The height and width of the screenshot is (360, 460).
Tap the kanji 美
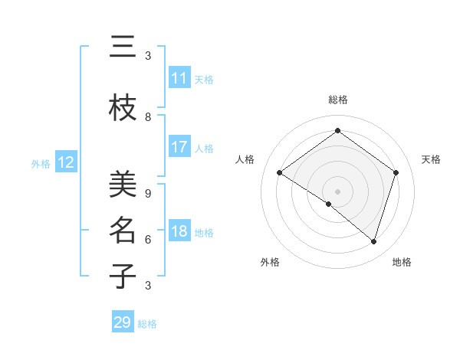click(x=123, y=185)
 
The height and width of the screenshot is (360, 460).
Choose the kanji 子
click(x=123, y=277)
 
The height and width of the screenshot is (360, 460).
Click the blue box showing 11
click(x=179, y=78)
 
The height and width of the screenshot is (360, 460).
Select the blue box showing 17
click(x=179, y=147)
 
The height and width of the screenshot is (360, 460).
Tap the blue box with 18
click(x=179, y=231)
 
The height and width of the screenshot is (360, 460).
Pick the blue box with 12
click(x=66, y=162)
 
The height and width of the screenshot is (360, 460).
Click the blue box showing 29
click(x=123, y=322)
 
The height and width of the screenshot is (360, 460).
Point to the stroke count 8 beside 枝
click(x=148, y=117)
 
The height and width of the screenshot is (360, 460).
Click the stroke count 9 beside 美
click(x=148, y=194)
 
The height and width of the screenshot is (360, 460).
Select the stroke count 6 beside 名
click(x=148, y=240)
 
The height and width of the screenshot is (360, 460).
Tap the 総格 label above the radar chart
click(x=337, y=100)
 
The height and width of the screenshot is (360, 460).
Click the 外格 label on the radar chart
click(x=270, y=263)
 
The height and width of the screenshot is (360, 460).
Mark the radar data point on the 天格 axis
click(x=396, y=173)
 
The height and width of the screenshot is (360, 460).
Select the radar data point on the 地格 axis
click(x=373, y=242)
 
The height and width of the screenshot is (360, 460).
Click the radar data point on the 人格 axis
click(x=280, y=173)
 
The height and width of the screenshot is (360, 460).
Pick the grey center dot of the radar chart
click(x=337, y=191)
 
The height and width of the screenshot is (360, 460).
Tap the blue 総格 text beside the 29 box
click(x=148, y=324)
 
